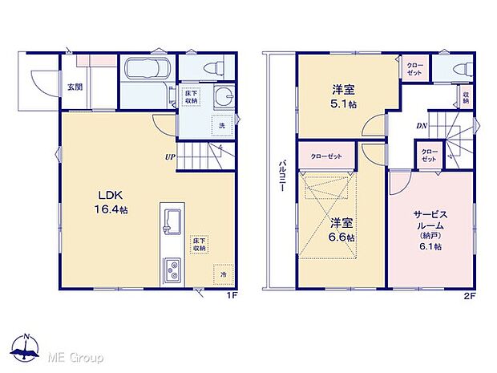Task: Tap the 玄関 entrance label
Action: point(75,87)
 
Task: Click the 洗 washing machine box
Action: point(222,126)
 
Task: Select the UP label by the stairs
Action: point(171,156)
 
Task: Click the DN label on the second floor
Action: point(421,126)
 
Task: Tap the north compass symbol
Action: point(26,348)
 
